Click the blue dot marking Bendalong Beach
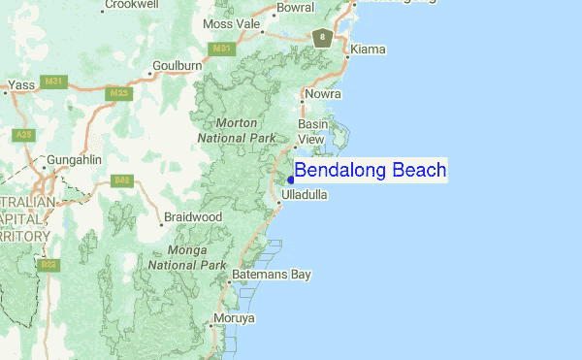(290, 180)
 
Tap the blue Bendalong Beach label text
(370, 171)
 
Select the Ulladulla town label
(304, 195)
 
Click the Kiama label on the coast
(368, 49)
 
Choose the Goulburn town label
(177, 66)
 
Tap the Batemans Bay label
(272, 275)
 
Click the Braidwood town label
(193, 216)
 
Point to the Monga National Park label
(187, 256)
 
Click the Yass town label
(22, 85)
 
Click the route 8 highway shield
(322, 38)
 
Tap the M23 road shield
(119, 93)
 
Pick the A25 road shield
(22, 134)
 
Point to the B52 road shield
(122, 180)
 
